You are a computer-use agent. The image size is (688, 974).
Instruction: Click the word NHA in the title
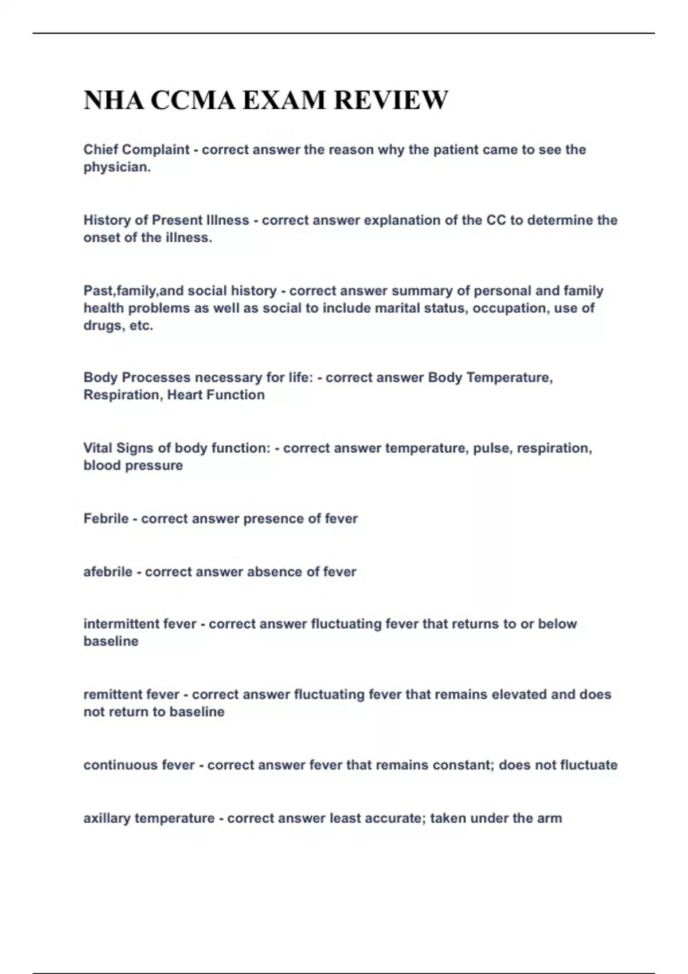click(x=113, y=100)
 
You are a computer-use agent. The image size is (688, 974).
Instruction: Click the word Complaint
click(x=155, y=150)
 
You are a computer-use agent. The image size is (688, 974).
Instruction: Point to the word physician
click(x=116, y=168)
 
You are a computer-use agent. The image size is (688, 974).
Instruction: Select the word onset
click(x=100, y=238)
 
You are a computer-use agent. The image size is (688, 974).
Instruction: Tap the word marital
click(x=397, y=308)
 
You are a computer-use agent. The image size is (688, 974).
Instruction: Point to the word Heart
click(x=185, y=395)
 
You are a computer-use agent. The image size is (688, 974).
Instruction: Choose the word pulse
click(x=491, y=448)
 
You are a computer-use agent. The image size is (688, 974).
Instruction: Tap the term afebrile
click(x=108, y=572)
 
